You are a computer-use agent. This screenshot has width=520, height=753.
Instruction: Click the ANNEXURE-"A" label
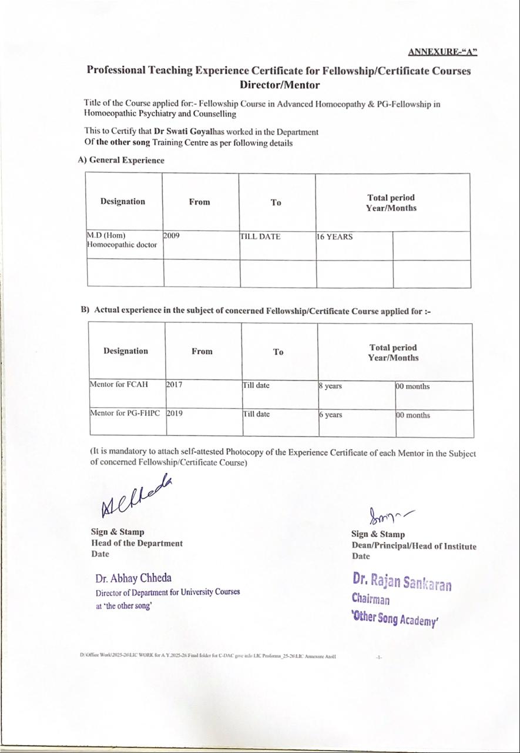pyautogui.click(x=442, y=51)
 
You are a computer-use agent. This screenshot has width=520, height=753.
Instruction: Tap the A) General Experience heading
pyautogui.click(x=121, y=160)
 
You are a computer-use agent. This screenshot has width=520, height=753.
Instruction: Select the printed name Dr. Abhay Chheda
pyautogui.click(x=133, y=578)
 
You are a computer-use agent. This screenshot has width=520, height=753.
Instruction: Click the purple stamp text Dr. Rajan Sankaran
pyautogui.click(x=402, y=581)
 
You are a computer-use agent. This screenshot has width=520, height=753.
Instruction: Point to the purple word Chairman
pyautogui.click(x=371, y=599)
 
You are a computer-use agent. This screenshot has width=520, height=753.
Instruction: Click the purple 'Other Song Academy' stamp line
pyautogui.click(x=395, y=618)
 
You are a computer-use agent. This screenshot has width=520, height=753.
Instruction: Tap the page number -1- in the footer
pyautogui.click(x=379, y=657)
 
